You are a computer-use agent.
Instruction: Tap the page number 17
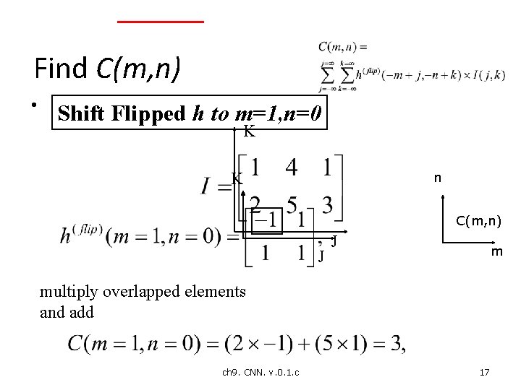[x=484, y=372]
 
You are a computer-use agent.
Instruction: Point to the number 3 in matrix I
[x=327, y=206]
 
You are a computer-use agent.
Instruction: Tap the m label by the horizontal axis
[x=497, y=252]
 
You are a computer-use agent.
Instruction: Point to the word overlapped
[x=148, y=292]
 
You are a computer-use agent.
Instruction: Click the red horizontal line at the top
[x=161, y=22]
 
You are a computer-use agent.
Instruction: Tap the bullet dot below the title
[x=34, y=106]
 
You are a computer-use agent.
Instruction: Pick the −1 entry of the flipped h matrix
[x=266, y=218]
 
